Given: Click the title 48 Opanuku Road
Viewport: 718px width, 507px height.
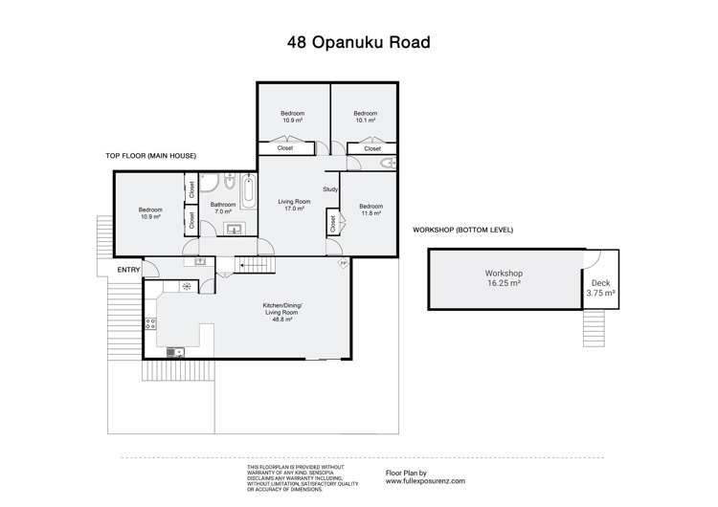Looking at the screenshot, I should tap(358, 42).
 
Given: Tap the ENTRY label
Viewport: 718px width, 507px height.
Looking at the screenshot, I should tap(128, 270).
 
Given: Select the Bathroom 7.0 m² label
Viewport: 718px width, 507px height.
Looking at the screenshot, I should tap(223, 207).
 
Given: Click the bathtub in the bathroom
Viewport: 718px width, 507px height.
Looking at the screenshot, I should tap(248, 191).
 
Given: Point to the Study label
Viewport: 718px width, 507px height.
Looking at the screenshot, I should tap(331, 188).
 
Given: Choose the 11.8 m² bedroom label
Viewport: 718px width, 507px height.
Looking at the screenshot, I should tap(370, 209).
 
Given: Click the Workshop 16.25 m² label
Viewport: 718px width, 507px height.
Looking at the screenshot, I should tap(503, 278).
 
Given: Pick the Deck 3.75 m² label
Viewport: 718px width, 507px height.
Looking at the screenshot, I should tap(600, 288).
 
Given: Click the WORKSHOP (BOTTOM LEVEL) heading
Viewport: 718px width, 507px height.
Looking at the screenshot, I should tap(462, 231).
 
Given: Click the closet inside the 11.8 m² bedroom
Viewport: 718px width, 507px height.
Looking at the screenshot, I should tap(333, 224).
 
